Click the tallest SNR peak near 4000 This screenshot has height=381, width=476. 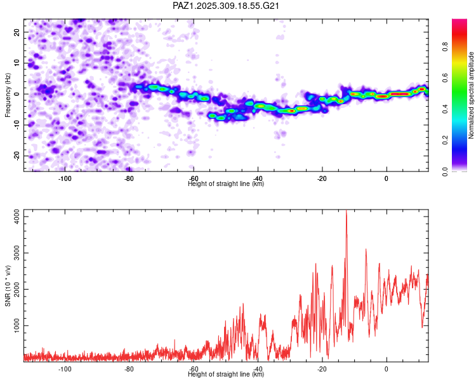click(346, 213)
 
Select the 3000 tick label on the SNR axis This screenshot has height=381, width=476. click(14, 253)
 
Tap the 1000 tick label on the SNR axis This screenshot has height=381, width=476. click(14, 326)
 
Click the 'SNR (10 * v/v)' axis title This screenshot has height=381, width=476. click(8, 286)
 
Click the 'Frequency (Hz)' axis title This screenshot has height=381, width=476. click(8, 94)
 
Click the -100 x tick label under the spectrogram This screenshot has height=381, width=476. click(64, 178)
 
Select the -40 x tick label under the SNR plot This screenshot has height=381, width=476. click(257, 369)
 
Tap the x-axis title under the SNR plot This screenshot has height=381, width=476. click(226, 375)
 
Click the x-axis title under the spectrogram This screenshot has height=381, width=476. click(226, 184)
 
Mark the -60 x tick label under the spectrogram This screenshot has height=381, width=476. click(193, 178)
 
